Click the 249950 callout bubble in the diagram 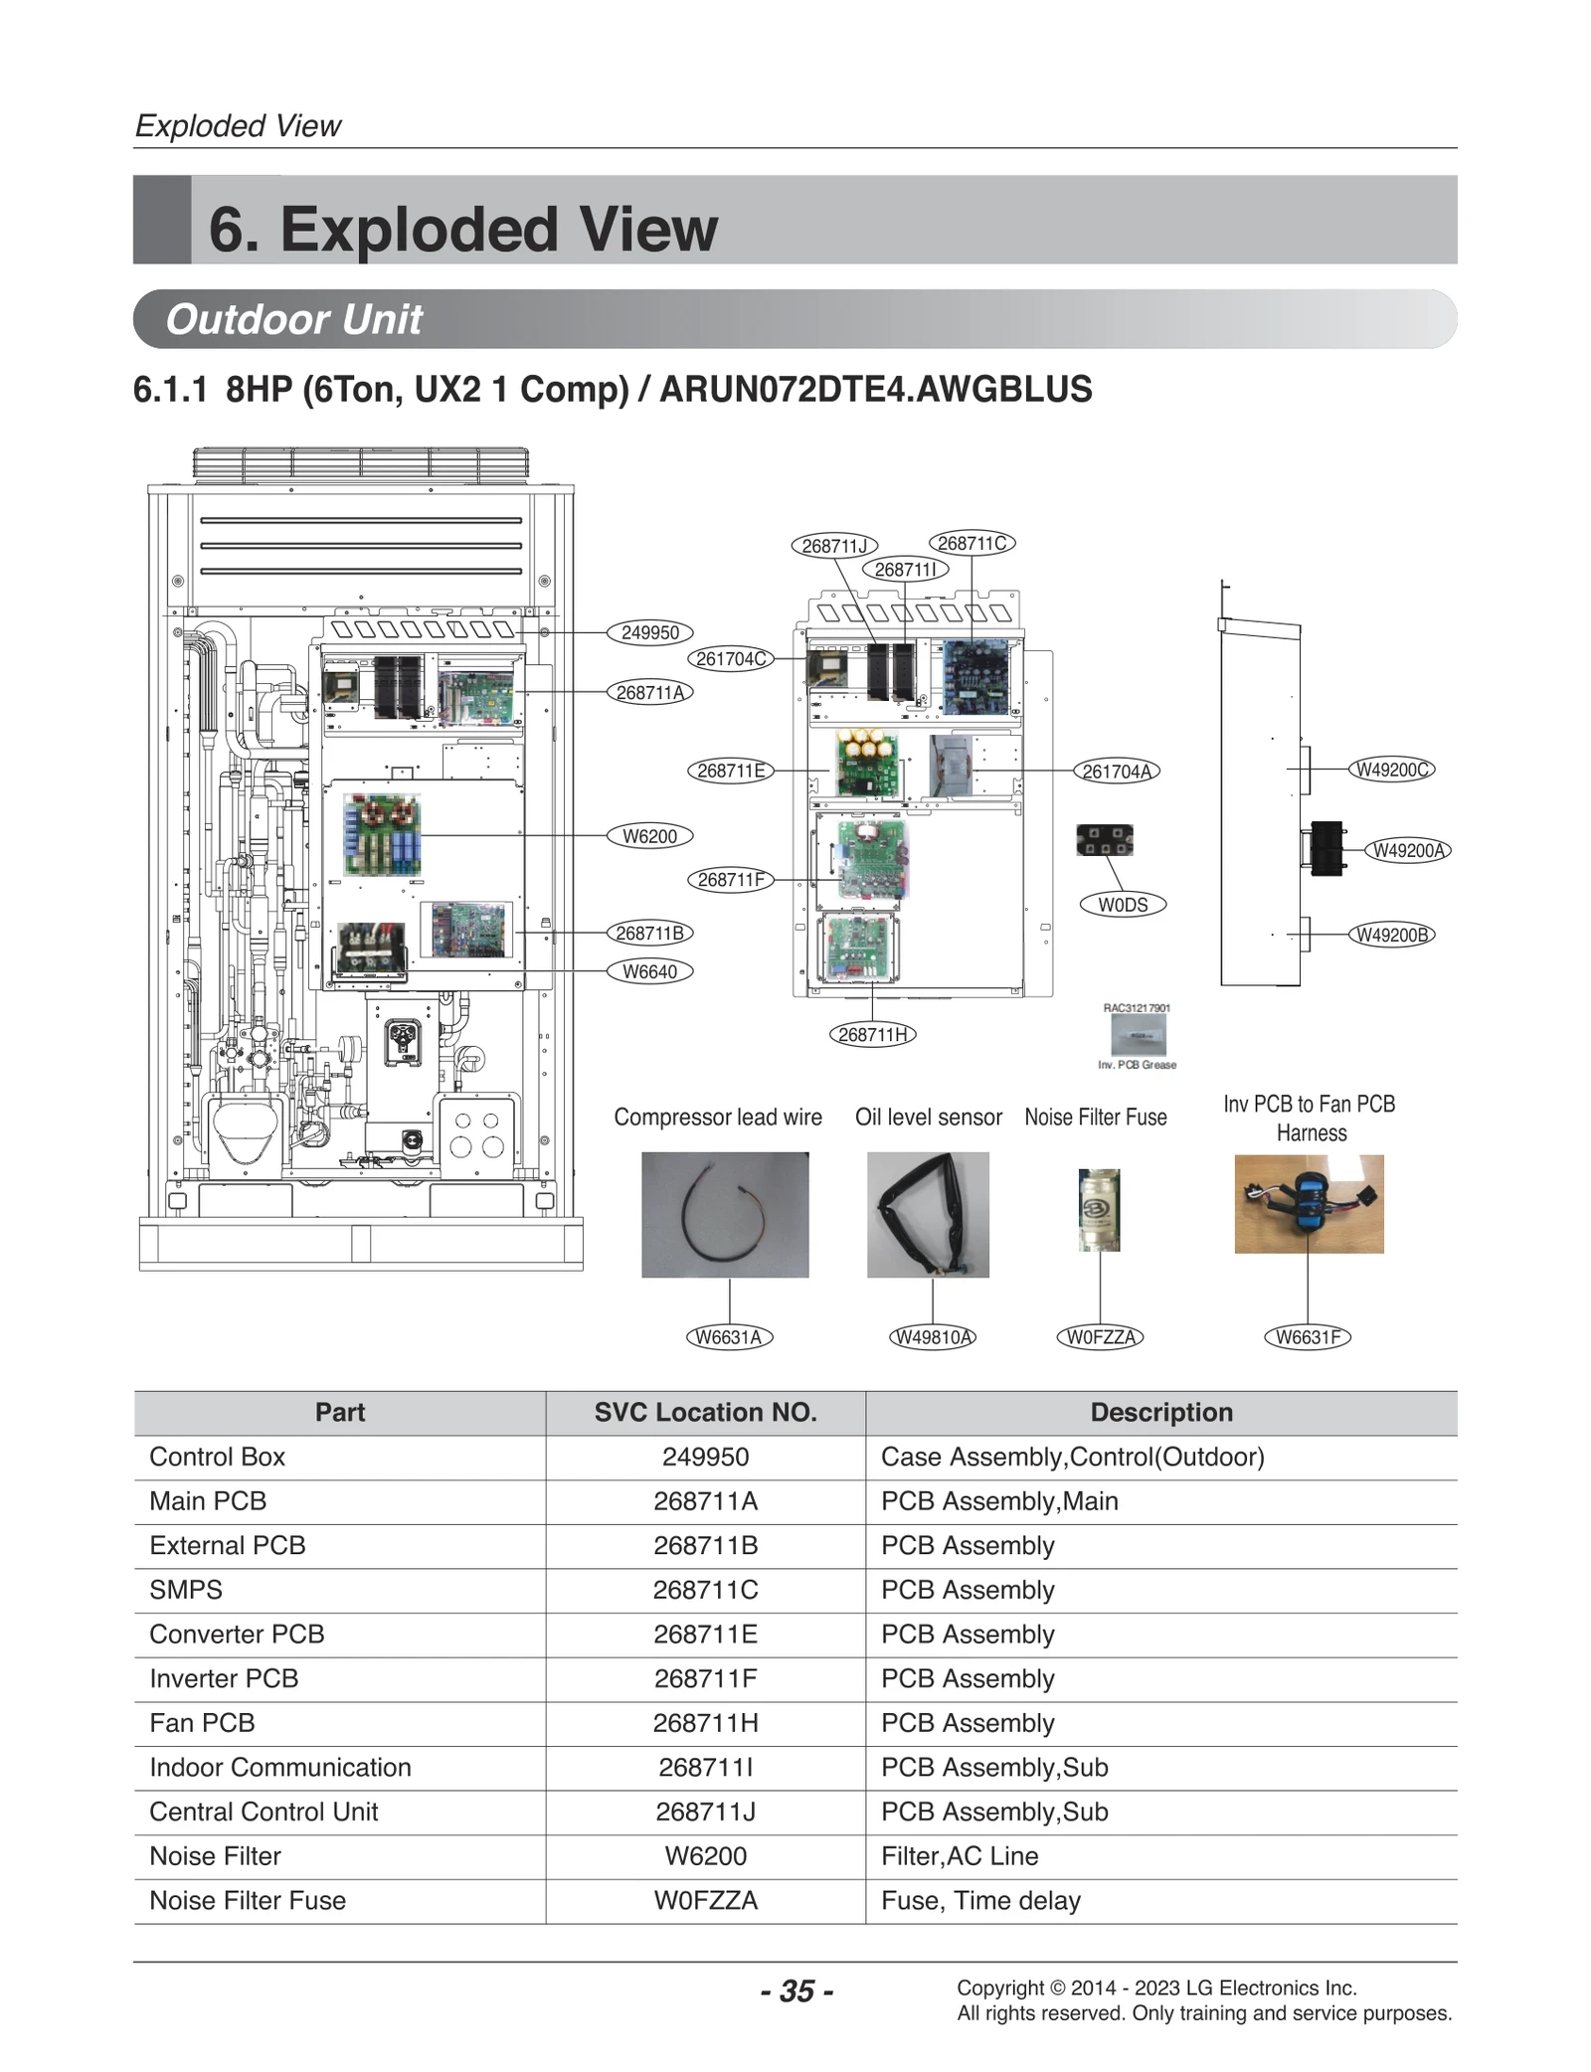[649, 632]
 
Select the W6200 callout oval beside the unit [649, 836]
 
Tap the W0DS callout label [1123, 905]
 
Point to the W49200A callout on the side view [1408, 850]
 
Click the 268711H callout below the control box [872, 1034]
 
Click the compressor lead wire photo [725, 1214]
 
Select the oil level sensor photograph [928, 1214]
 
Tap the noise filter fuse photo [1099, 1210]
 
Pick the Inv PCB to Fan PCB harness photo [1309, 1203]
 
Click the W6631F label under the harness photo [1308, 1337]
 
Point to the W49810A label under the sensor [932, 1337]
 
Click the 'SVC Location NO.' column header [705, 1413]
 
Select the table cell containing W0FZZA [705, 1901]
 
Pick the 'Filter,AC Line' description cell [960, 1856]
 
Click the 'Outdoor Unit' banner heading [294, 319]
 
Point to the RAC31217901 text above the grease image [1137, 1008]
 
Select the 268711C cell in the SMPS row [705, 1590]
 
